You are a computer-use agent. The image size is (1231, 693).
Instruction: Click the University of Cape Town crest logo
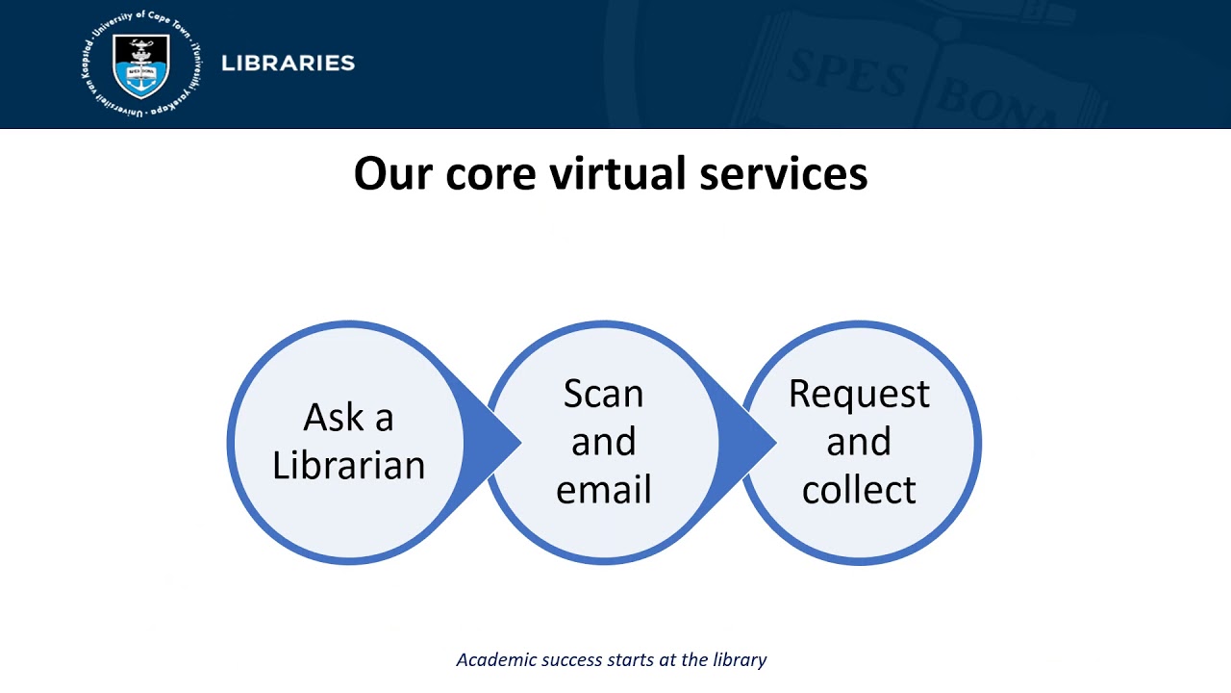tap(141, 64)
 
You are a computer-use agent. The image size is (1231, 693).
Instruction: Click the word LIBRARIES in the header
tap(288, 64)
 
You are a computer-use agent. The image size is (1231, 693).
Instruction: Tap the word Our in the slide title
tap(393, 174)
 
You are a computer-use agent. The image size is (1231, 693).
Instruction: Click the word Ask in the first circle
tap(334, 418)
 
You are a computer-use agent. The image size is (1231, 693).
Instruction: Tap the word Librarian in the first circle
tap(348, 466)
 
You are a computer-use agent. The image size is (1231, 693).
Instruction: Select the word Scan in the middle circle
tap(603, 394)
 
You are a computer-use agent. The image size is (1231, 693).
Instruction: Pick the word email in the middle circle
tap(603, 490)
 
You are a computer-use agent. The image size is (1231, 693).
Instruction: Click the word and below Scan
tap(603, 442)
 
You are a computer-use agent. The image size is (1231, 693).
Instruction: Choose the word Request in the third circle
tap(859, 394)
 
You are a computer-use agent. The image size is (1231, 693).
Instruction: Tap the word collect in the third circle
tap(859, 490)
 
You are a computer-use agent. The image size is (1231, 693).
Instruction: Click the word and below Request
tap(859, 442)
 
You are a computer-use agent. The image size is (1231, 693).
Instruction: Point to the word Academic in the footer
tap(491, 660)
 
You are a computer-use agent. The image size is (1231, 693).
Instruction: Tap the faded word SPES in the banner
tap(846, 72)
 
